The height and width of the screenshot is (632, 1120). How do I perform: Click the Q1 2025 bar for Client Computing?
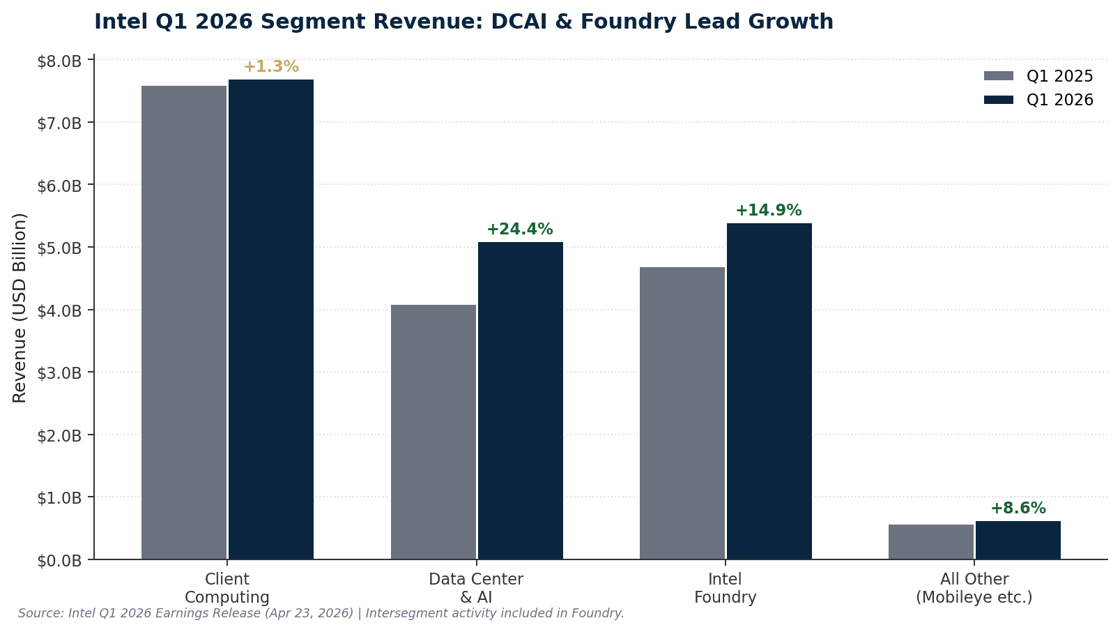click(184, 322)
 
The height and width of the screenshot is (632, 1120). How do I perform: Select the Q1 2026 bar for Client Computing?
click(271, 319)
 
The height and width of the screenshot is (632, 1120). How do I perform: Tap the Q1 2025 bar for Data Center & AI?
click(434, 432)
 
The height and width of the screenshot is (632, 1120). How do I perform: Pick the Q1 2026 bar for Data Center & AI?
click(521, 400)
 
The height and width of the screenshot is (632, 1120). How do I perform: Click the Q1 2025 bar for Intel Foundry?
click(682, 413)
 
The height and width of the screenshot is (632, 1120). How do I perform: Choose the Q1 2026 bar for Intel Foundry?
click(769, 391)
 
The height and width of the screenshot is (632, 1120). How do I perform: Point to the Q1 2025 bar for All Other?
click(931, 542)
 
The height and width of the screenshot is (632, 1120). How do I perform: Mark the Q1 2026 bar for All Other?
click(1018, 541)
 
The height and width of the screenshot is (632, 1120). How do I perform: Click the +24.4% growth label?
click(520, 230)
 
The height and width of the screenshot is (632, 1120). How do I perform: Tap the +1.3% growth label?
click(271, 67)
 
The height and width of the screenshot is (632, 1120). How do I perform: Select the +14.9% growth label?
click(769, 211)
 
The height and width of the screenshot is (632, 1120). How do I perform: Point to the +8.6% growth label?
click(1018, 509)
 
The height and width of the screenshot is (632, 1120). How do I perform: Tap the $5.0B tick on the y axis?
click(59, 248)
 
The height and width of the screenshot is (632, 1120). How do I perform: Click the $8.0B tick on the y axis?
click(59, 61)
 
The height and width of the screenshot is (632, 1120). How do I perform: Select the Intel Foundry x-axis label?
click(725, 588)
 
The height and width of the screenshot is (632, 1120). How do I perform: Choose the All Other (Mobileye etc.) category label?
click(974, 588)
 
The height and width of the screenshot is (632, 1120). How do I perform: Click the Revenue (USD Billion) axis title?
click(20, 308)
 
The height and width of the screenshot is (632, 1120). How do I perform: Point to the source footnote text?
click(321, 613)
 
